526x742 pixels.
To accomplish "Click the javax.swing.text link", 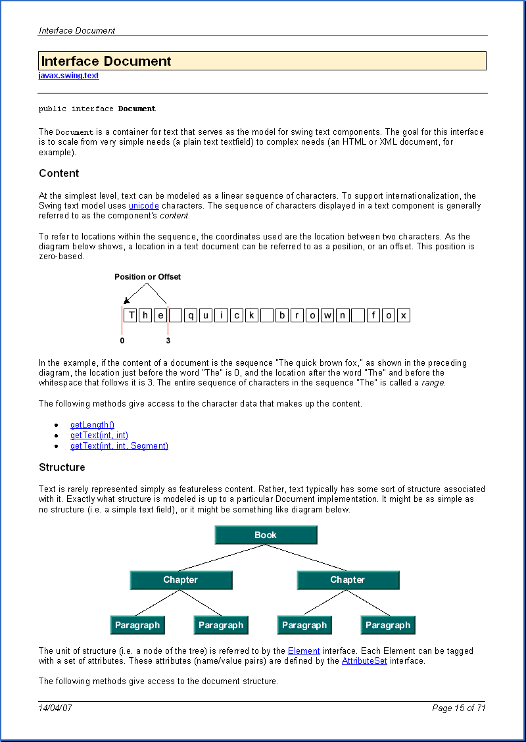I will [68, 76].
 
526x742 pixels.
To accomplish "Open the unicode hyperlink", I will [143, 206].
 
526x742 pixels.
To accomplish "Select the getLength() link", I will [92, 425].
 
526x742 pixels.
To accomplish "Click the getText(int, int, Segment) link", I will [119, 446].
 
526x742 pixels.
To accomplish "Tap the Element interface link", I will [304, 651].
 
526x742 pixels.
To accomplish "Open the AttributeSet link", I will [364, 661].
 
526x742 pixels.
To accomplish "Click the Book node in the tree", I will [266, 535].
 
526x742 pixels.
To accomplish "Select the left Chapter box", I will [181, 580].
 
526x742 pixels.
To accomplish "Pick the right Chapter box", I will [348, 580].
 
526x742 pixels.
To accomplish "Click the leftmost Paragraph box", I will [137, 625].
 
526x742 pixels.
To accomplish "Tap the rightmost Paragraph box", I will [388, 625].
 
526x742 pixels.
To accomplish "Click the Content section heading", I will [59, 174].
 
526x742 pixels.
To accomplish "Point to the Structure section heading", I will [62, 468].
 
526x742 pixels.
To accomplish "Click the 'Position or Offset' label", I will [147, 277].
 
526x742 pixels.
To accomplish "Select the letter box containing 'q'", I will [191, 315].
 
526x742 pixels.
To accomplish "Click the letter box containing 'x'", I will [403, 315].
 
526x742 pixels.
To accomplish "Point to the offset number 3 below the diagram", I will [168, 341].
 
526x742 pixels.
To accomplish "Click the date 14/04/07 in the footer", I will [55, 708].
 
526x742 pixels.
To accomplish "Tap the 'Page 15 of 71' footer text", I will [458, 708].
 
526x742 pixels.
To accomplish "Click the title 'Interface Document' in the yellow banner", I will [107, 61].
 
